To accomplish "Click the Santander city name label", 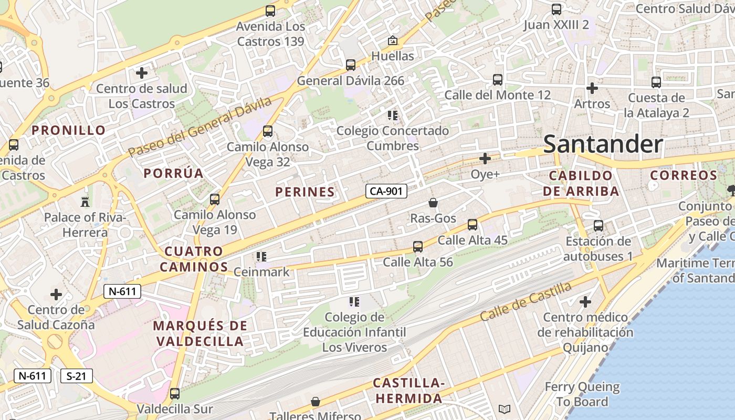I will click(603, 144).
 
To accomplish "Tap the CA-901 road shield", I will click(386, 192).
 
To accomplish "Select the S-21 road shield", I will click(77, 376).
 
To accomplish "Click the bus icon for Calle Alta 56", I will click(418, 246).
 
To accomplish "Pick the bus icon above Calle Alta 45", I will click(472, 225).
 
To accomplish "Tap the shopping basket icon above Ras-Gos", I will click(433, 203).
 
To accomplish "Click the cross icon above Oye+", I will click(485, 158).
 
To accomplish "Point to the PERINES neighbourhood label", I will click(305, 192).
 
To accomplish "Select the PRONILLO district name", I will click(69, 130).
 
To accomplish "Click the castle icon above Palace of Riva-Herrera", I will click(84, 202).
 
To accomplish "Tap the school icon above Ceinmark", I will click(261, 257).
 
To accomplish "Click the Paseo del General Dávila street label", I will click(200, 126).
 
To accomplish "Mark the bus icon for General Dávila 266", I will click(351, 65).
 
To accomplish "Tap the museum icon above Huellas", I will click(392, 40).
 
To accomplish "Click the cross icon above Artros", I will click(592, 88).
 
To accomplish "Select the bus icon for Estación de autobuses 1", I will click(598, 226).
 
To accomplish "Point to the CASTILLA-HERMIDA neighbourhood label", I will click(408, 391).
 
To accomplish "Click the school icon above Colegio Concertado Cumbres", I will click(393, 115).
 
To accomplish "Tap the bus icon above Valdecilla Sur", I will click(175, 393).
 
